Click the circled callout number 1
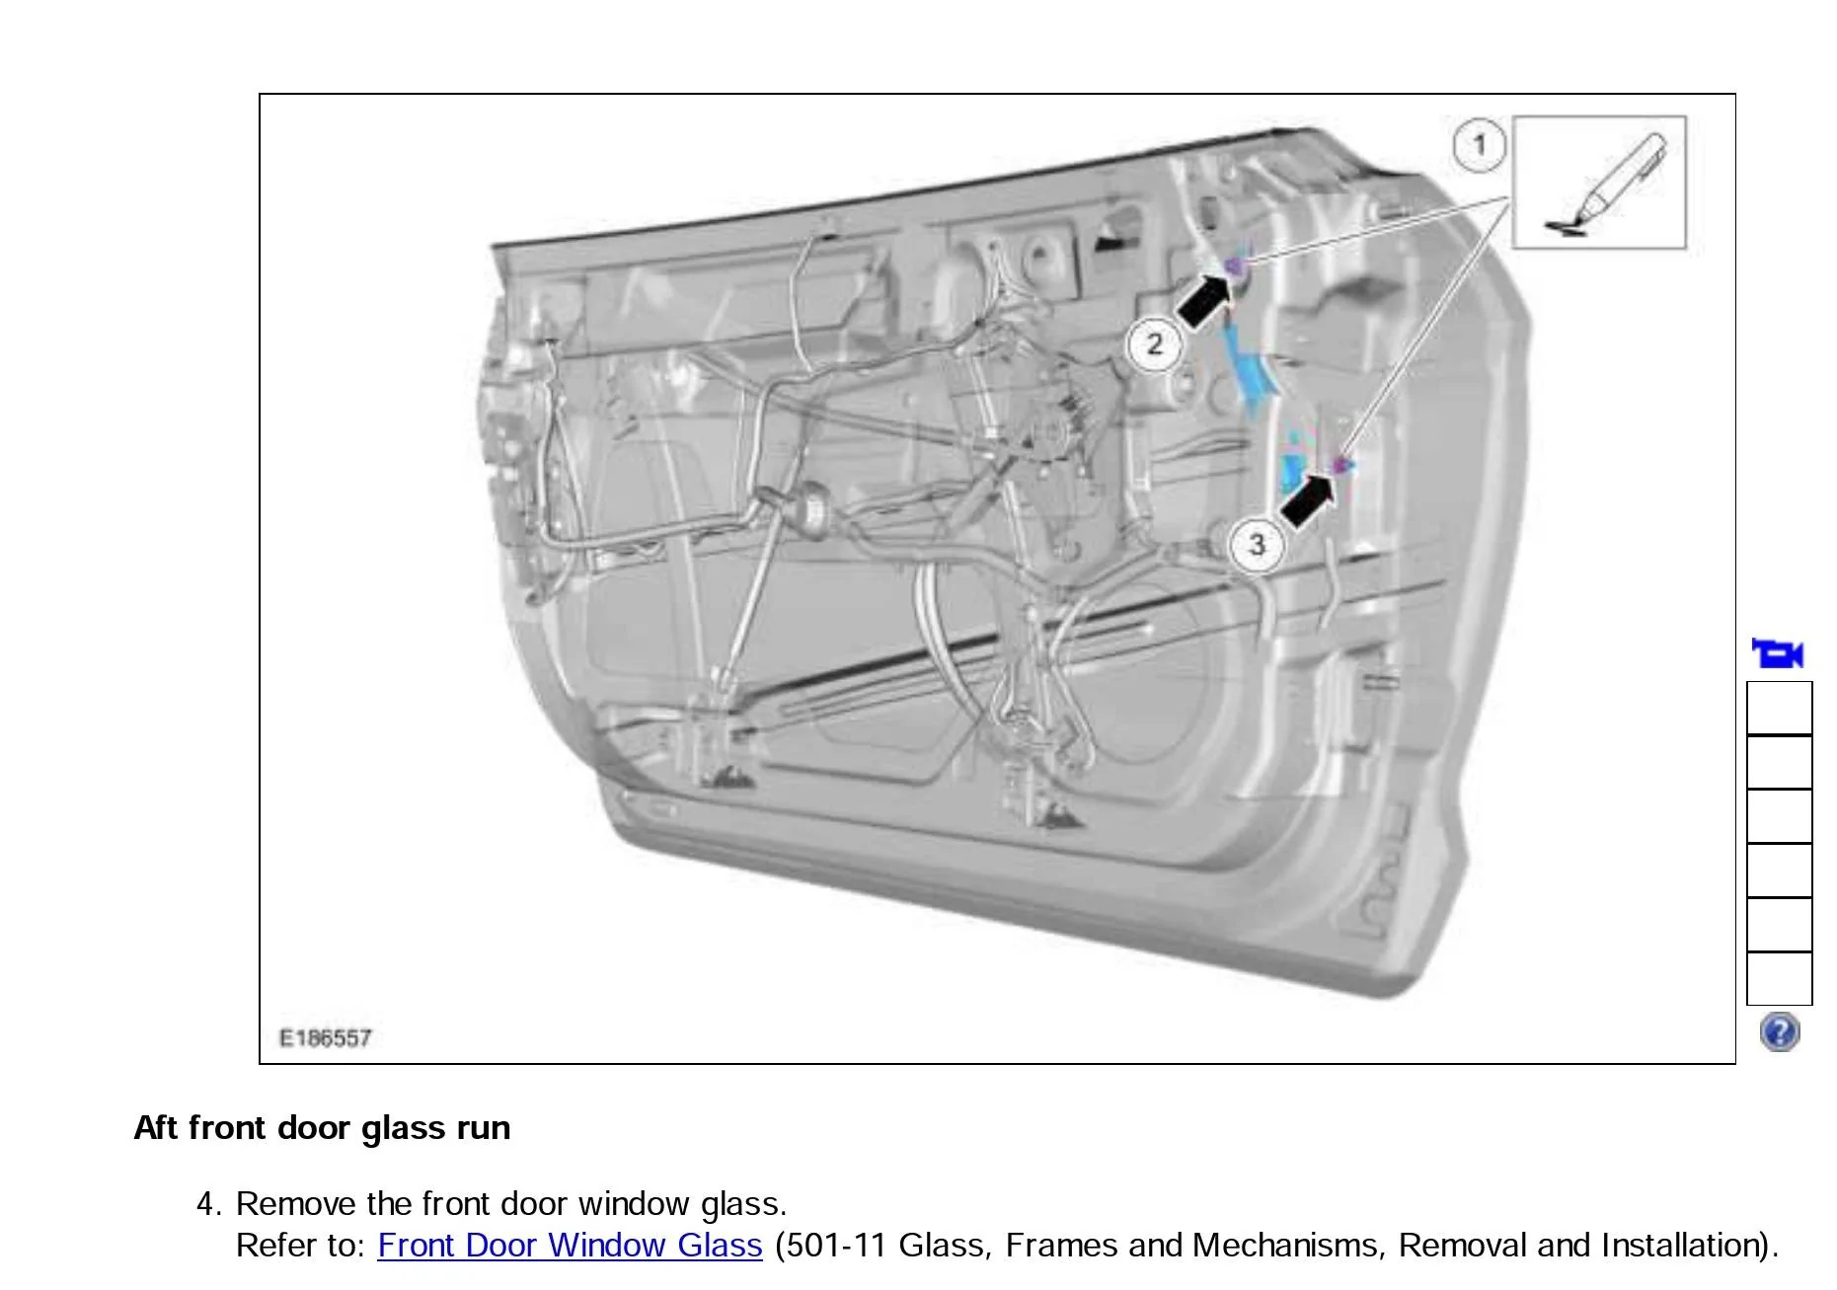[1479, 145]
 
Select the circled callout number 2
[1154, 345]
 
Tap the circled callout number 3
[1257, 545]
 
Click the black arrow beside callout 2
[1204, 301]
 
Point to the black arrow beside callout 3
[1307, 499]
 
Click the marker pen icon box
[1599, 183]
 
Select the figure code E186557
[326, 1037]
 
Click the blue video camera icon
[1778, 653]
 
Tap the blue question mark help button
[1780, 1032]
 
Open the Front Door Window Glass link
[570, 1245]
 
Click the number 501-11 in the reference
[835, 1245]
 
